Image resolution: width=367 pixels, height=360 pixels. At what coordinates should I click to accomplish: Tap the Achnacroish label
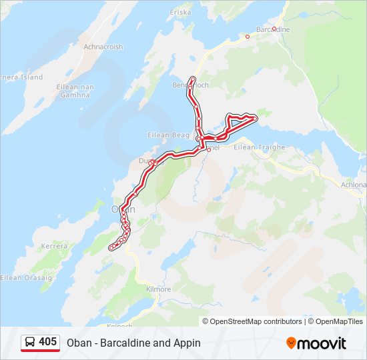pos(103,47)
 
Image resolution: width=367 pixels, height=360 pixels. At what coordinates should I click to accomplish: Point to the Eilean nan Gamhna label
pos(73,91)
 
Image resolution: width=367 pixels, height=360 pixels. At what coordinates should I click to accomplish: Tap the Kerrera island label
pos(55,246)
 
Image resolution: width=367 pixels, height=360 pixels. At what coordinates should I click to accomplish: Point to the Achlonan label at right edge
pos(353,184)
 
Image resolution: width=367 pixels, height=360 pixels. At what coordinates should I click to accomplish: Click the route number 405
pos(47,342)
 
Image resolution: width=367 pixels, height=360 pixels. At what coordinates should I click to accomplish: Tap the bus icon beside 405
pos(31,343)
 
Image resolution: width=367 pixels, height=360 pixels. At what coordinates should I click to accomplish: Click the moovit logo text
pos(323,343)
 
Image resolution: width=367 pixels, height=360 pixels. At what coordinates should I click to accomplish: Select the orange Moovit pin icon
pos(292,343)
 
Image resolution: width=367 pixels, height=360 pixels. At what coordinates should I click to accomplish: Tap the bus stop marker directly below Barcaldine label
pos(274,29)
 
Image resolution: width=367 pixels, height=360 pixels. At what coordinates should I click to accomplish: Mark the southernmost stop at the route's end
pos(111,248)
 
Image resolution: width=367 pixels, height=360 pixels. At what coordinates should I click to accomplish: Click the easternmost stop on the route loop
pos(255,118)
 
